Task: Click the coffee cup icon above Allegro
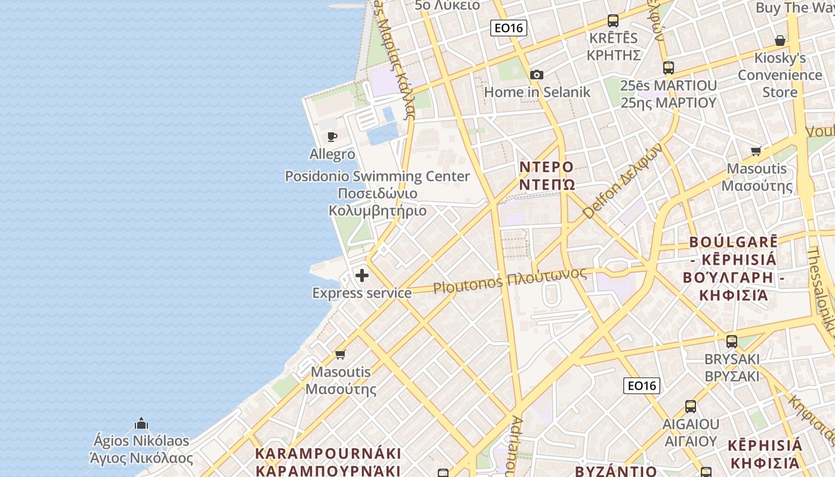click(332, 137)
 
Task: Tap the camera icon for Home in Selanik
click(537, 75)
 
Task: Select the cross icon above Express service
click(362, 275)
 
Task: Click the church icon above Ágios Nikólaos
click(141, 423)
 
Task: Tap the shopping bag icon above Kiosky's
click(780, 41)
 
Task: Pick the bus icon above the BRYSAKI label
click(732, 342)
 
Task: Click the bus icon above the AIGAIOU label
click(691, 407)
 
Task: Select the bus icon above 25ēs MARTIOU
click(668, 68)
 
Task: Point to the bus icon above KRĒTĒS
click(613, 21)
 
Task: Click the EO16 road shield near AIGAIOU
click(642, 386)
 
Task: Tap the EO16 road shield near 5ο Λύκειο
click(509, 27)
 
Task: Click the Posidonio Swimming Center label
click(378, 176)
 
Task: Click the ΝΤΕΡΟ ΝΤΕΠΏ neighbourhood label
click(547, 175)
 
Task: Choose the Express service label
click(362, 293)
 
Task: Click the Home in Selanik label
click(537, 92)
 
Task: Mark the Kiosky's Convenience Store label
click(780, 75)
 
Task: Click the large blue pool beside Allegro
click(382, 134)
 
